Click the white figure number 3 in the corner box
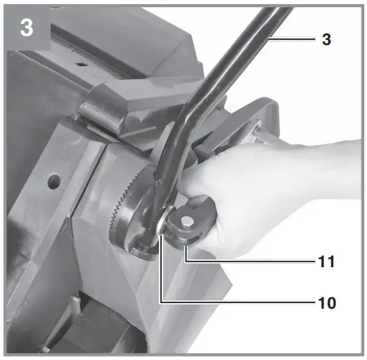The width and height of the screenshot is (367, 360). click(27, 30)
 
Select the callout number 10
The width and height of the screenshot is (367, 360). click(324, 303)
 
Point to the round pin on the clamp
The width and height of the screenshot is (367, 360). click(189, 221)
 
